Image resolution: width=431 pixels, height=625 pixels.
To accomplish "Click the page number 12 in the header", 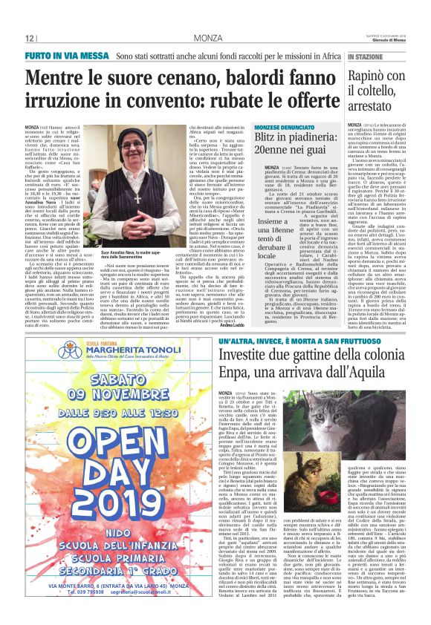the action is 30,38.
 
